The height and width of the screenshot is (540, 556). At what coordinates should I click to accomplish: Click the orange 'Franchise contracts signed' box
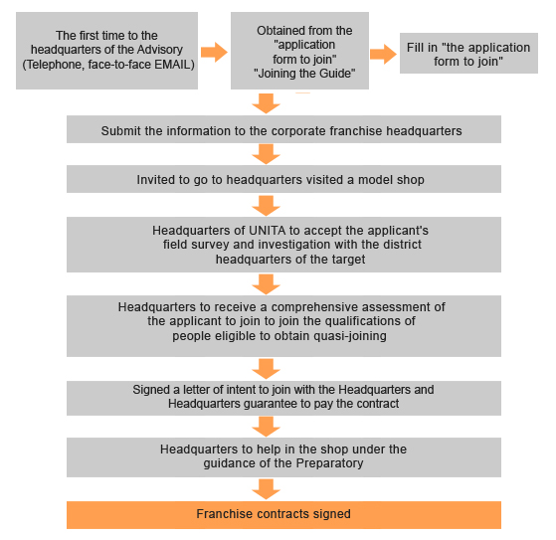(x=283, y=515)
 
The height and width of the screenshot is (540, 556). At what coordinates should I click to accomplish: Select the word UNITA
(x=267, y=231)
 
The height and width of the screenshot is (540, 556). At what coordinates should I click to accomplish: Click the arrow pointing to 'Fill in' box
(x=383, y=54)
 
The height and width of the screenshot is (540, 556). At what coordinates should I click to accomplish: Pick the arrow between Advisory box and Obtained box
(x=214, y=52)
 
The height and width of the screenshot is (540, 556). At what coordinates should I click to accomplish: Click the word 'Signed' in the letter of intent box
(x=151, y=390)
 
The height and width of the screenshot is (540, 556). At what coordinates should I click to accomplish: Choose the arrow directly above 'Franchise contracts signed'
(x=266, y=489)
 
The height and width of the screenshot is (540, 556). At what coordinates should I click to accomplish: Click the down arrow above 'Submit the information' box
(x=266, y=103)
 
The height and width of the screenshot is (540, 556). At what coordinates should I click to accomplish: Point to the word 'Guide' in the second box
(x=335, y=74)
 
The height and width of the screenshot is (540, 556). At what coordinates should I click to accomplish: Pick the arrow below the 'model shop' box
(x=266, y=206)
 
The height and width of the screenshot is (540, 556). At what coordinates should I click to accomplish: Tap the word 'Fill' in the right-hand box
(x=414, y=48)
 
